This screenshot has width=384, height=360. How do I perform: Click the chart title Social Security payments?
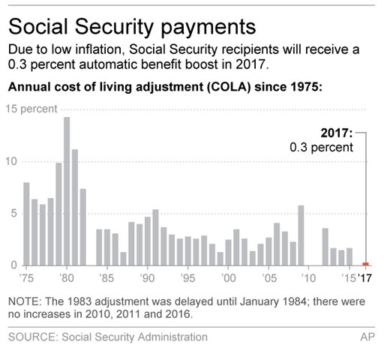[132, 27]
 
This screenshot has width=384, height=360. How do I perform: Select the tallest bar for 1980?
[67, 191]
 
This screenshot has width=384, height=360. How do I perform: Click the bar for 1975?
[27, 223]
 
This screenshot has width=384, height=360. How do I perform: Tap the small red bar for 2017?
[365, 264]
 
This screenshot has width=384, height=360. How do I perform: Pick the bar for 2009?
[301, 235]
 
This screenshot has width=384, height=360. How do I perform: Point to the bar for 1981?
[75, 207]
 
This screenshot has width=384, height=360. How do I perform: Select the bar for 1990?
[148, 241]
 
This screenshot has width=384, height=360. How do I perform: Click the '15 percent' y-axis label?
[33, 109]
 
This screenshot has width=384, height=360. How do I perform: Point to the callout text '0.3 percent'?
[321, 147]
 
